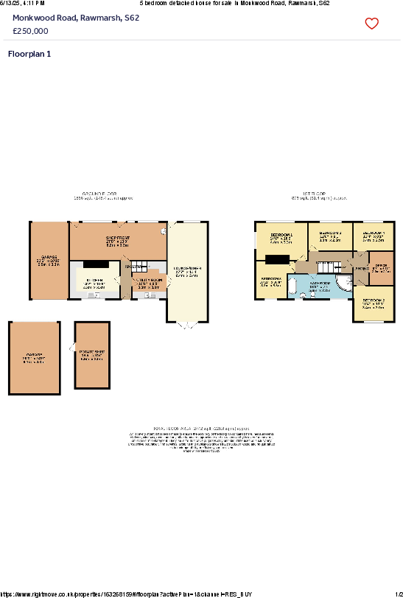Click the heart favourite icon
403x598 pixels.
click(372, 24)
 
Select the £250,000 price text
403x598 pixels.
click(31, 31)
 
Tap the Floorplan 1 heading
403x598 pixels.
click(29, 54)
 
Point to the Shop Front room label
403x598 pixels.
click(117, 237)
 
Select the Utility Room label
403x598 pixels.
click(148, 281)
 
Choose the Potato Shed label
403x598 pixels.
click(92, 352)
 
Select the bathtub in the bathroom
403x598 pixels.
click(292, 286)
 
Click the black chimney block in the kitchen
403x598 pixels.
click(95, 264)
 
